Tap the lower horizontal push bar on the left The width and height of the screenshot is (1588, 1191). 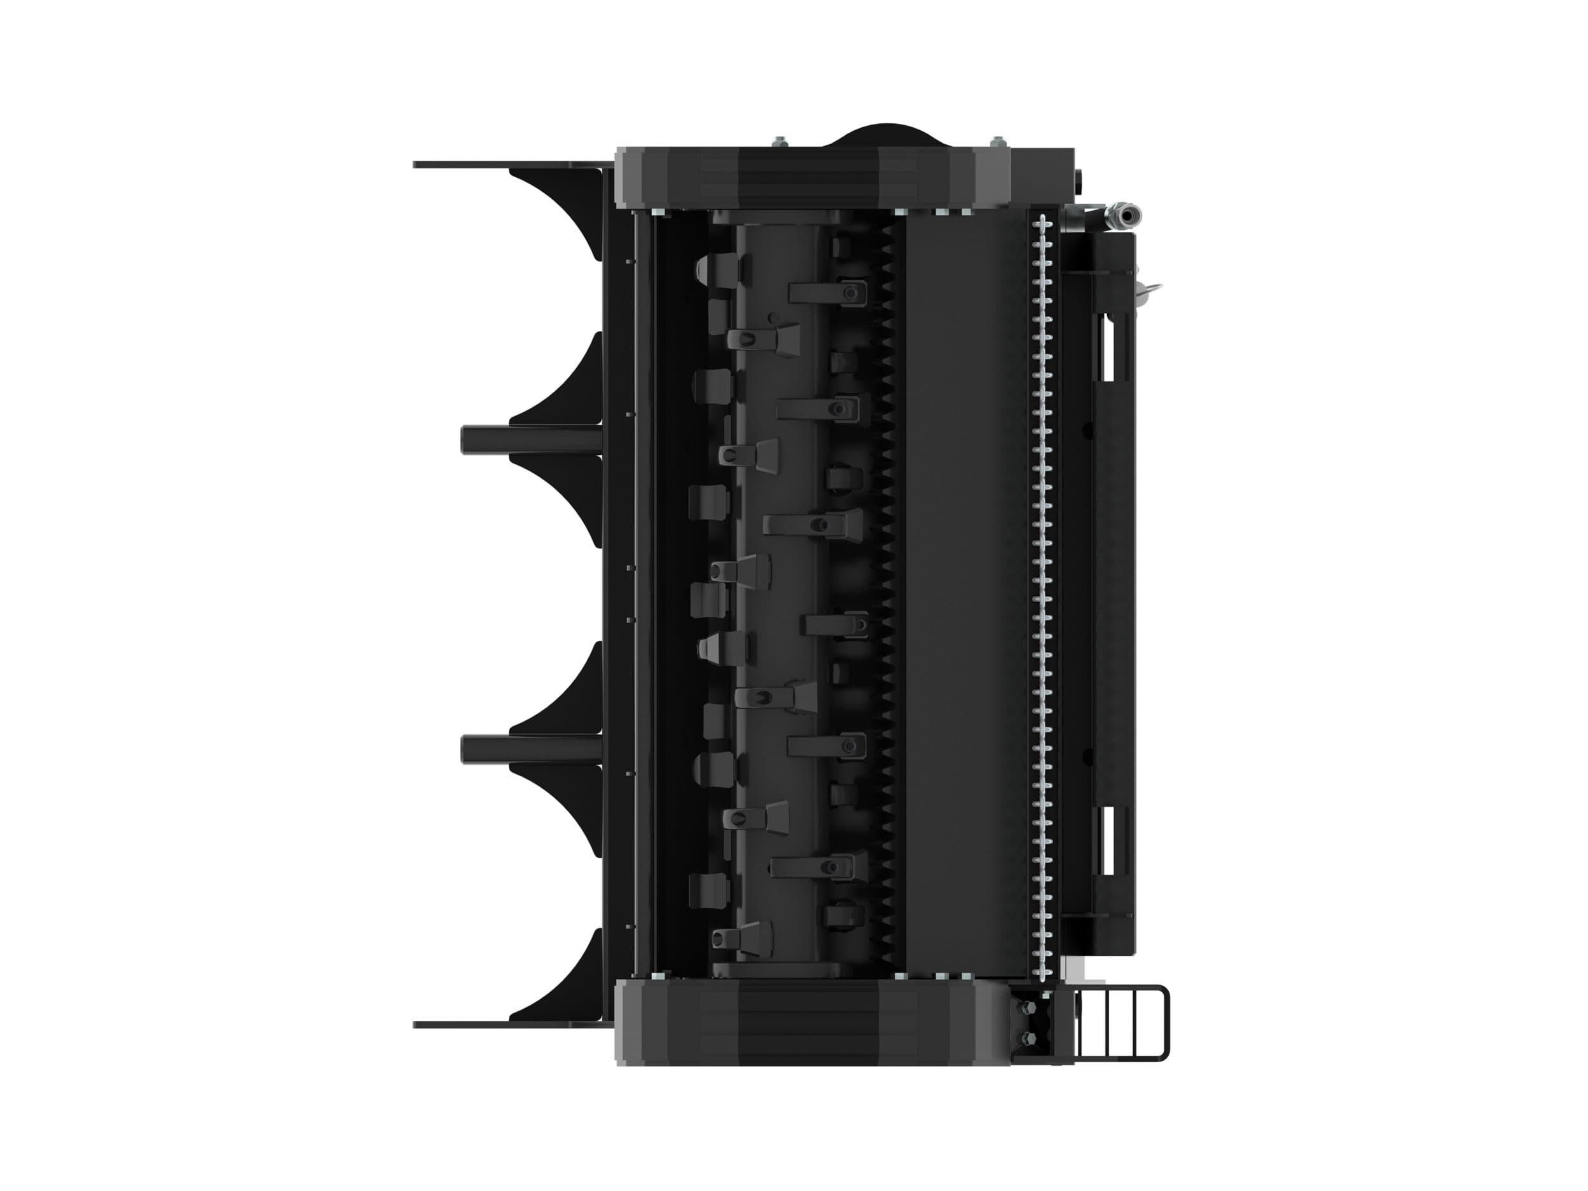click(531, 749)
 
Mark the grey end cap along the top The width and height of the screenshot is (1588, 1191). click(811, 178)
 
